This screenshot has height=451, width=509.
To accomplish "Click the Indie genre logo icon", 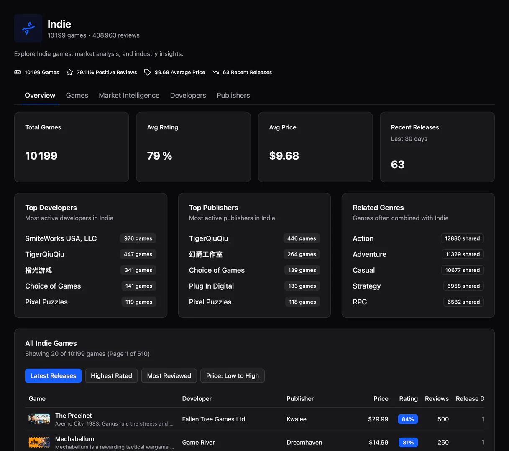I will click(x=28, y=28).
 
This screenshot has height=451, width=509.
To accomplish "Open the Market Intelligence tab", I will click(x=129, y=95).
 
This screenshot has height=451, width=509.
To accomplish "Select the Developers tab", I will click(x=188, y=95).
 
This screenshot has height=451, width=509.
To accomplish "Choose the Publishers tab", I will click(x=233, y=95).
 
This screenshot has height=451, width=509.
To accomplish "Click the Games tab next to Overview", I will click(x=77, y=95).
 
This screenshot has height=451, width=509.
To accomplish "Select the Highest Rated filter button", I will click(x=111, y=376).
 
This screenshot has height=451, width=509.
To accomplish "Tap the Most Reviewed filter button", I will click(x=169, y=376).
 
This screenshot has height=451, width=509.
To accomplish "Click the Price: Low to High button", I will click(x=232, y=376).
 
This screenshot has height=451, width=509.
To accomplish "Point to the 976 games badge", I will click(x=138, y=238).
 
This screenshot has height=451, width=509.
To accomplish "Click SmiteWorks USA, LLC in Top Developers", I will click(x=61, y=238).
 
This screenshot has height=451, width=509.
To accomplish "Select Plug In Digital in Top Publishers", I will click(x=211, y=286).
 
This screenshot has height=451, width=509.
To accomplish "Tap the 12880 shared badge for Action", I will click(x=462, y=238).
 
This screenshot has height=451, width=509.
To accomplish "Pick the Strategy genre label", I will click(x=366, y=286).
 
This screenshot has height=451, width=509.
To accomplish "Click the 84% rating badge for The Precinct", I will click(x=408, y=419).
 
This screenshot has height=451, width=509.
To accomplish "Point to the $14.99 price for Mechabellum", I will click(x=379, y=443).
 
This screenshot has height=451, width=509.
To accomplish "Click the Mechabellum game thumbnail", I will click(x=39, y=443).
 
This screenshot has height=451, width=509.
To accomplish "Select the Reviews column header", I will click(x=437, y=399).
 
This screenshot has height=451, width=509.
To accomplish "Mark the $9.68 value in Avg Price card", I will click(x=284, y=156).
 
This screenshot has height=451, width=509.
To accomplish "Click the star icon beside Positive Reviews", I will click(x=70, y=72).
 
